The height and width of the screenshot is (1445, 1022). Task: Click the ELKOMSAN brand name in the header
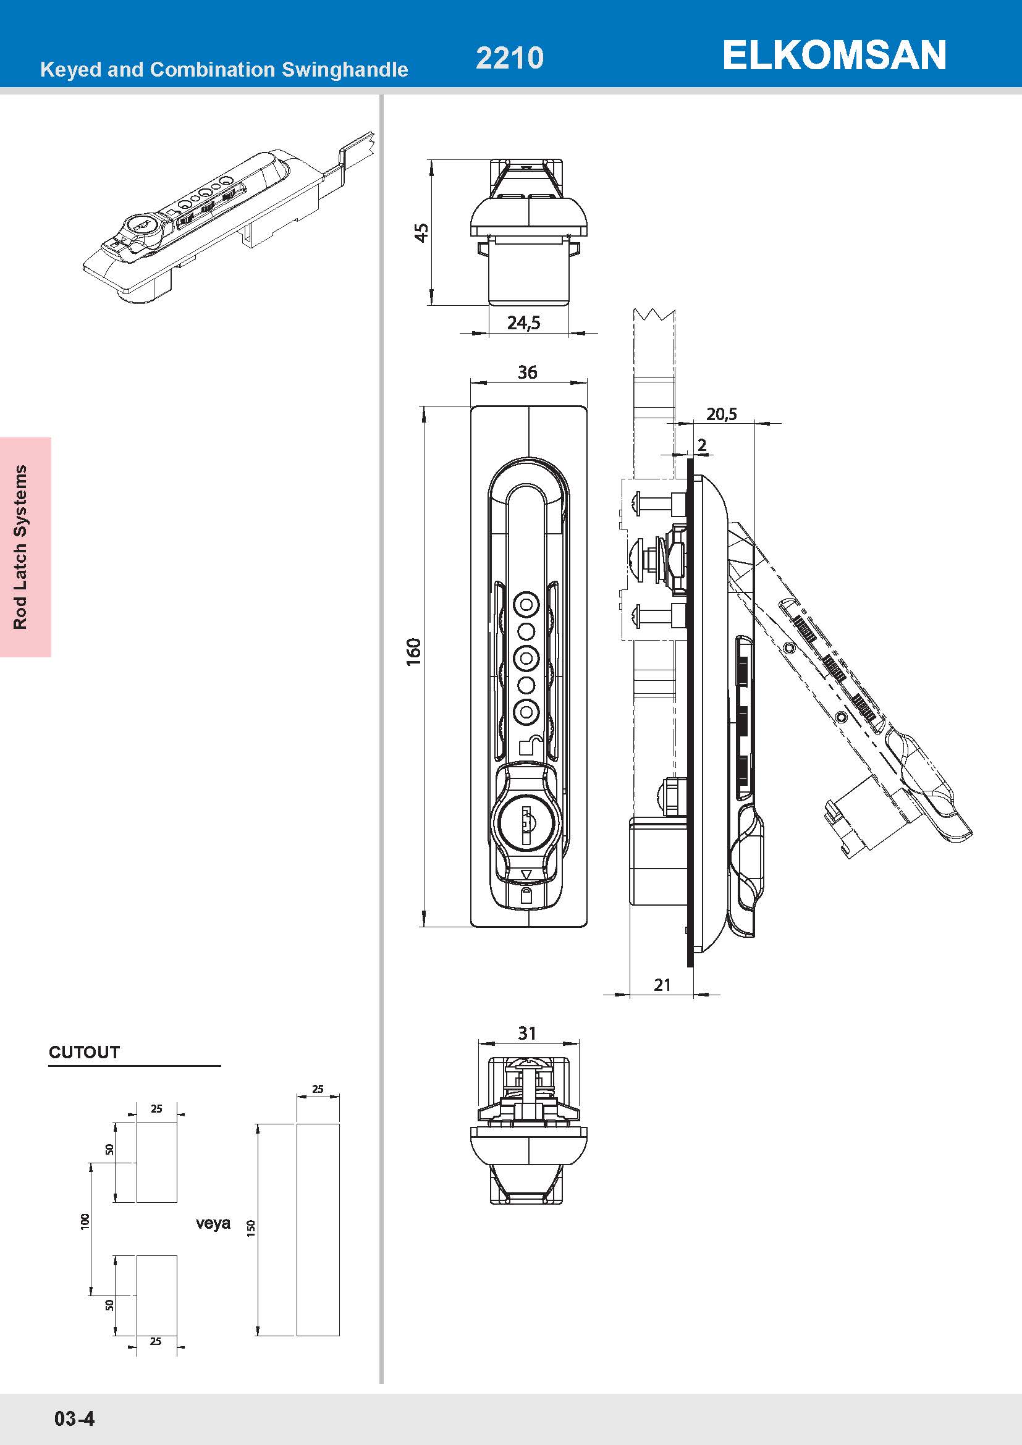tap(834, 56)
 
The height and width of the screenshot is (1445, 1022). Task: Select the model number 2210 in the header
tap(509, 58)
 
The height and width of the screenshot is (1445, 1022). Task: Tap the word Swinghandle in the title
tap(344, 69)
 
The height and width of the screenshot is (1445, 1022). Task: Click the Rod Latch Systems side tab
tap(21, 547)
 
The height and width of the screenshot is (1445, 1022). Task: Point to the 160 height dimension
tap(413, 652)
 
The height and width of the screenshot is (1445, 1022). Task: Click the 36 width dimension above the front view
tap(527, 372)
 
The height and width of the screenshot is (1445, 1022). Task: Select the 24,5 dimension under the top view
tap(523, 323)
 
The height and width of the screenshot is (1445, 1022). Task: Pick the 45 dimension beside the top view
tap(421, 232)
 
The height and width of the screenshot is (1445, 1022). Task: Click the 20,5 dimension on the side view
tap(721, 414)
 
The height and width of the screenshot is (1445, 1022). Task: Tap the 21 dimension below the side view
tap(662, 985)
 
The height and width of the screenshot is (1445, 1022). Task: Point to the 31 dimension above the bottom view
tap(526, 1034)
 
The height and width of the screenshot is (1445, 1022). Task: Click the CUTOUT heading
tap(84, 1052)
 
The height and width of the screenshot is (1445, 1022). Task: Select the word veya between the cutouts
tap(213, 1223)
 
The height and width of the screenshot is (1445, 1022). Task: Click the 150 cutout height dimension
tap(251, 1228)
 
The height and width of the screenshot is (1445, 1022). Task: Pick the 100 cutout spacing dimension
tap(85, 1221)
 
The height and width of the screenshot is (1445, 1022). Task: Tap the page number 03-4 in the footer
tap(74, 1418)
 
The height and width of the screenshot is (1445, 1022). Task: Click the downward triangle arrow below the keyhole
tap(527, 874)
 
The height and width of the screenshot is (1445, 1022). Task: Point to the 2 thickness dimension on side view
tap(702, 445)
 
